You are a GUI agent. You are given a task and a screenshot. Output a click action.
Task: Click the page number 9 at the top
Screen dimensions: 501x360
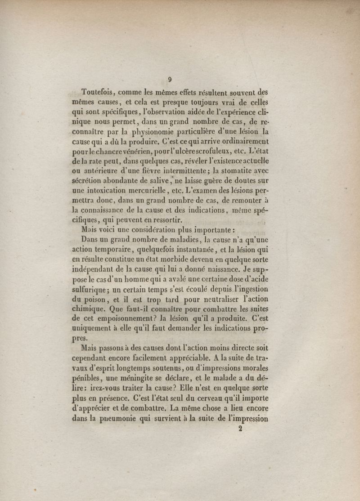(170, 80)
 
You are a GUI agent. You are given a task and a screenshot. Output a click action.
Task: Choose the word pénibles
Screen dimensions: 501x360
(87, 378)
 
